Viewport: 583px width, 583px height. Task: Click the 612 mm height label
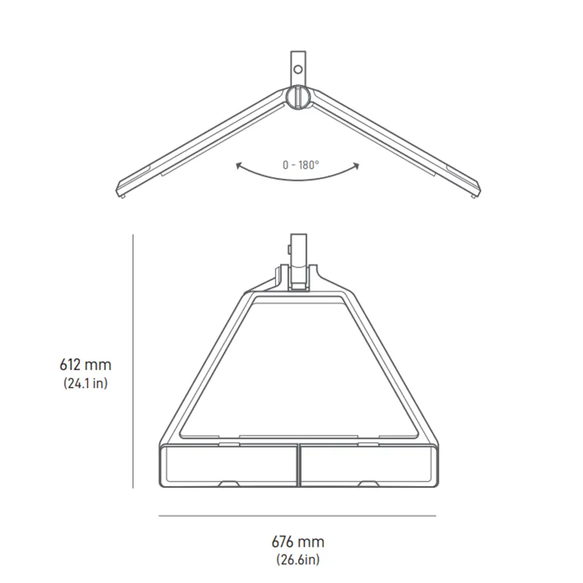[x=85, y=364]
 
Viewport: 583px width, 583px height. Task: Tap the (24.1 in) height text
[x=85, y=383]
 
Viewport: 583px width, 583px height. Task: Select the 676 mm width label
[x=298, y=542]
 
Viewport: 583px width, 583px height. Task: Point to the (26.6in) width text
[x=298, y=559]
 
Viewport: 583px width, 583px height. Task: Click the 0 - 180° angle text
[x=301, y=165]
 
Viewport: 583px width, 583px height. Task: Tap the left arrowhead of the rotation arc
[x=239, y=165]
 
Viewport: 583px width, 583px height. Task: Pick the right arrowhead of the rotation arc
[x=356, y=166]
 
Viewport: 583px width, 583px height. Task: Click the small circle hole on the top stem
[x=298, y=69]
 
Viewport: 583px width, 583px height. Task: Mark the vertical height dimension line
[x=133, y=361]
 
